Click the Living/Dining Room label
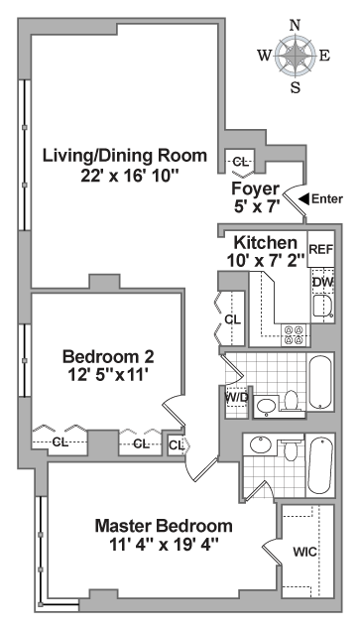pyautogui.click(x=125, y=155)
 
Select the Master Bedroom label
pyautogui.click(x=164, y=526)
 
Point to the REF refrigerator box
pyautogui.click(x=321, y=249)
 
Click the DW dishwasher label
pyautogui.click(x=323, y=282)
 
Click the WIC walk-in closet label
pyautogui.click(x=304, y=552)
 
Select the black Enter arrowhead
pyautogui.click(x=304, y=198)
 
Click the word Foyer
pyautogui.click(x=256, y=189)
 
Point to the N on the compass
pyautogui.click(x=296, y=26)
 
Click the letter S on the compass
pyautogui.click(x=296, y=88)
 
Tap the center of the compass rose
pyautogui.click(x=296, y=56)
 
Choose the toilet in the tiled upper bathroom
pyautogui.click(x=291, y=400)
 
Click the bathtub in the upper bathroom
pyautogui.click(x=320, y=382)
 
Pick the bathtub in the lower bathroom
pyautogui.click(x=320, y=465)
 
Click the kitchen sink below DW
pyautogui.click(x=322, y=307)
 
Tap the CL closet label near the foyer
pyautogui.click(x=240, y=163)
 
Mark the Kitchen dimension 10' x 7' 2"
pyautogui.click(x=266, y=261)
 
